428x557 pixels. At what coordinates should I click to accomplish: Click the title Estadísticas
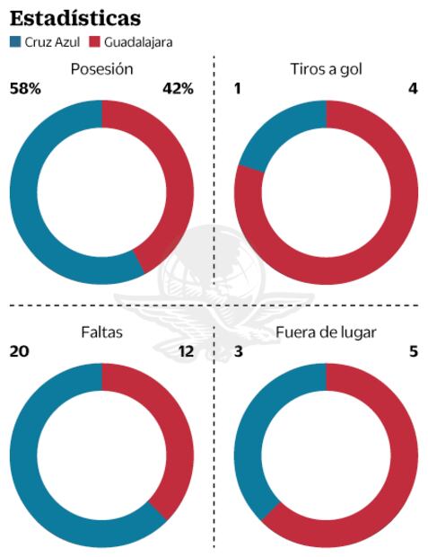pos(74,17)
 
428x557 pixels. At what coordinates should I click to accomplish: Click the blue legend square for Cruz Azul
pos(16,41)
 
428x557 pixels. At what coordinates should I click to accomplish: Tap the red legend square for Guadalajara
pos(94,41)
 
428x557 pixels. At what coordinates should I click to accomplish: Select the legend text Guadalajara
pos(138,41)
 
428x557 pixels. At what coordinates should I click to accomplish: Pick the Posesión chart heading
pos(101,69)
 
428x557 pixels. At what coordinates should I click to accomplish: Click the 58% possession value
pos(24,88)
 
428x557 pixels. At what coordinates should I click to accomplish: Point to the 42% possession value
pos(178,88)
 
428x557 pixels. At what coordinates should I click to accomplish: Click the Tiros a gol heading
pos(327,69)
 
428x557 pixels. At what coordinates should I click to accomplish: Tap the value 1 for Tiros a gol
pos(238,88)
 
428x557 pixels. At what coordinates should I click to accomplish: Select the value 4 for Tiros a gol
pos(413,88)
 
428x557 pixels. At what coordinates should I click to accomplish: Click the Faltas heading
pos(101,332)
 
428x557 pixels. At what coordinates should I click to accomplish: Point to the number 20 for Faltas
pos(19,351)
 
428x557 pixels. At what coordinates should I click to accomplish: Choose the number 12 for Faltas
pos(185,351)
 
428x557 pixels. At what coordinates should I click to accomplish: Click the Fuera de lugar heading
pos(327,332)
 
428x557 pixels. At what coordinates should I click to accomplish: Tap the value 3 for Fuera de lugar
pos(239,351)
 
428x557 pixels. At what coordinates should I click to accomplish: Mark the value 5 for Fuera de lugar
pos(413,351)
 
